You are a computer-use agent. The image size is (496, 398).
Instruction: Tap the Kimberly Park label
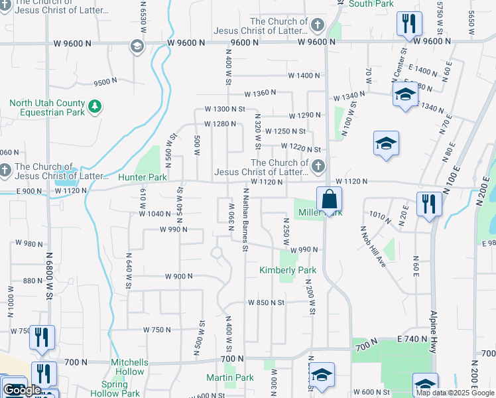point(288,271)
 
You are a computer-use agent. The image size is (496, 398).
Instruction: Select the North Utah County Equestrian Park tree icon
point(95,107)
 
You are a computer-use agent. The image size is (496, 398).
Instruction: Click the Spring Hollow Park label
point(120,389)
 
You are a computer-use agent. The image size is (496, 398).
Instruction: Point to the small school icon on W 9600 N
point(137,46)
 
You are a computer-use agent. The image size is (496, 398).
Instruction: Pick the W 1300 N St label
point(225,109)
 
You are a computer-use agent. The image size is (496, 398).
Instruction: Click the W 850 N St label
point(266,302)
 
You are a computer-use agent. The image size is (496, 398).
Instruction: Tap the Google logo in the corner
point(22,390)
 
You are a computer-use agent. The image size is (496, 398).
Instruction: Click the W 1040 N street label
point(155,214)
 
